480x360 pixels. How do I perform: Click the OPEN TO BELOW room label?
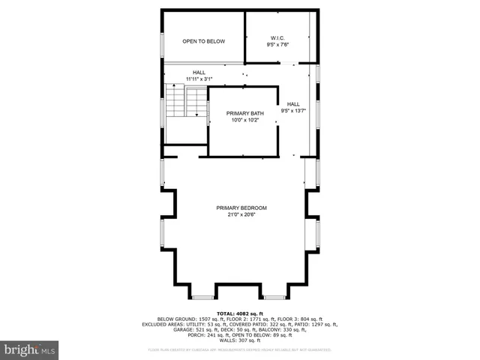[x=203, y=41]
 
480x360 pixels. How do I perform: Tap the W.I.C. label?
[x=277, y=37]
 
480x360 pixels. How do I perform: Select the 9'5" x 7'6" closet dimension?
[x=277, y=45]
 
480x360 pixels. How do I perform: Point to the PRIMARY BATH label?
[x=244, y=113]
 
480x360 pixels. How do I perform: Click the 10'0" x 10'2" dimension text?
[x=244, y=120]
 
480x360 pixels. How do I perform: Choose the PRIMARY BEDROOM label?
[x=241, y=208]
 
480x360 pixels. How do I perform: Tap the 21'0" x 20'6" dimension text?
[x=241, y=215]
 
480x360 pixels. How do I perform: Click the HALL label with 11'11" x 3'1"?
[x=199, y=73]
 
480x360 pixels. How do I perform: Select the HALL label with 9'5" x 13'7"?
[x=292, y=104]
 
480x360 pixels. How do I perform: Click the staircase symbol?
[x=187, y=101]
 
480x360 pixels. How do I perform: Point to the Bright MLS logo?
[x=30, y=349]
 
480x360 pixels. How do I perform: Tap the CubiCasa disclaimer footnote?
[x=240, y=349]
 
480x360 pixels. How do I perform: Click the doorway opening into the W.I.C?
[x=289, y=63]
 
